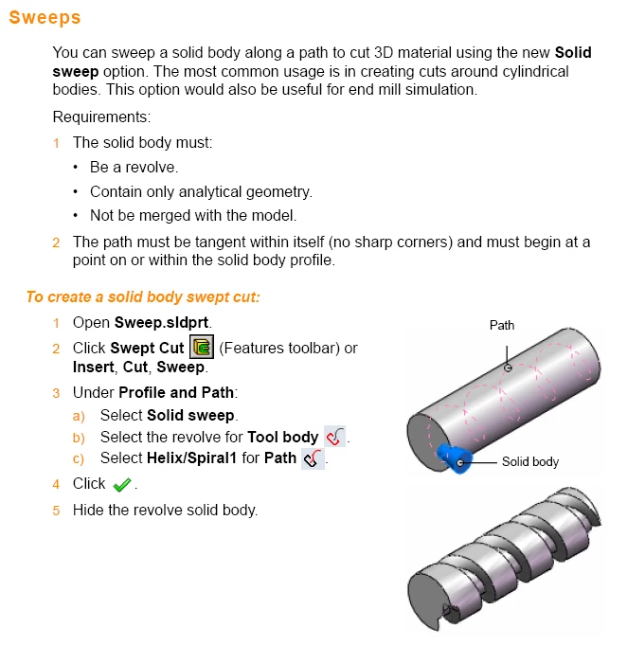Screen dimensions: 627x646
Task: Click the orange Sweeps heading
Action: click(x=45, y=18)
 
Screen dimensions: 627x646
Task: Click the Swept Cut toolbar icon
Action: click(x=202, y=347)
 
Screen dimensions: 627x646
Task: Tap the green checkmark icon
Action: click(x=122, y=485)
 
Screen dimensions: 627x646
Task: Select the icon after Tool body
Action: click(x=334, y=437)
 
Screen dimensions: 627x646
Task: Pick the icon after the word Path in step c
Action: click(x=313, y=458)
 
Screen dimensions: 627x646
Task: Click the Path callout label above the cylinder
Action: click(x=502, y=325)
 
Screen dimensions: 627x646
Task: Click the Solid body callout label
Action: click(x=530, y=462)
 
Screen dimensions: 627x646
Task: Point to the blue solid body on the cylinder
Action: click(x=453, y=458)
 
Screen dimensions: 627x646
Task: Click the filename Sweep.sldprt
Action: click(x=162, y=322)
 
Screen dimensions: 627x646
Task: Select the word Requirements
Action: click(x=100, y=117)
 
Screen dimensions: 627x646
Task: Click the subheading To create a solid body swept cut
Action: click(x=143, y=297)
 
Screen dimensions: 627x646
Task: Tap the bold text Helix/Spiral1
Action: click(x=191, y=458)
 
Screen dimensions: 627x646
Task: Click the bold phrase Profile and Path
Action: click(x=176, y=393)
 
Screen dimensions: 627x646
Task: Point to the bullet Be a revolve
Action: click(x=134, y=168)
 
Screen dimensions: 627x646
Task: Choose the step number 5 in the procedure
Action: click(x=56, y=511)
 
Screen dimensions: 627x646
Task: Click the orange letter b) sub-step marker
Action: click(x=79, y=438)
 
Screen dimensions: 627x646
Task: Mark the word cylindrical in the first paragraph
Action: click(x=535, y=72)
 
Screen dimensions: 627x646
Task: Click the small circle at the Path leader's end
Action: click(x=508, y=368)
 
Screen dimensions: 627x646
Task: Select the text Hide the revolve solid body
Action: click(x=165, y=510)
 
